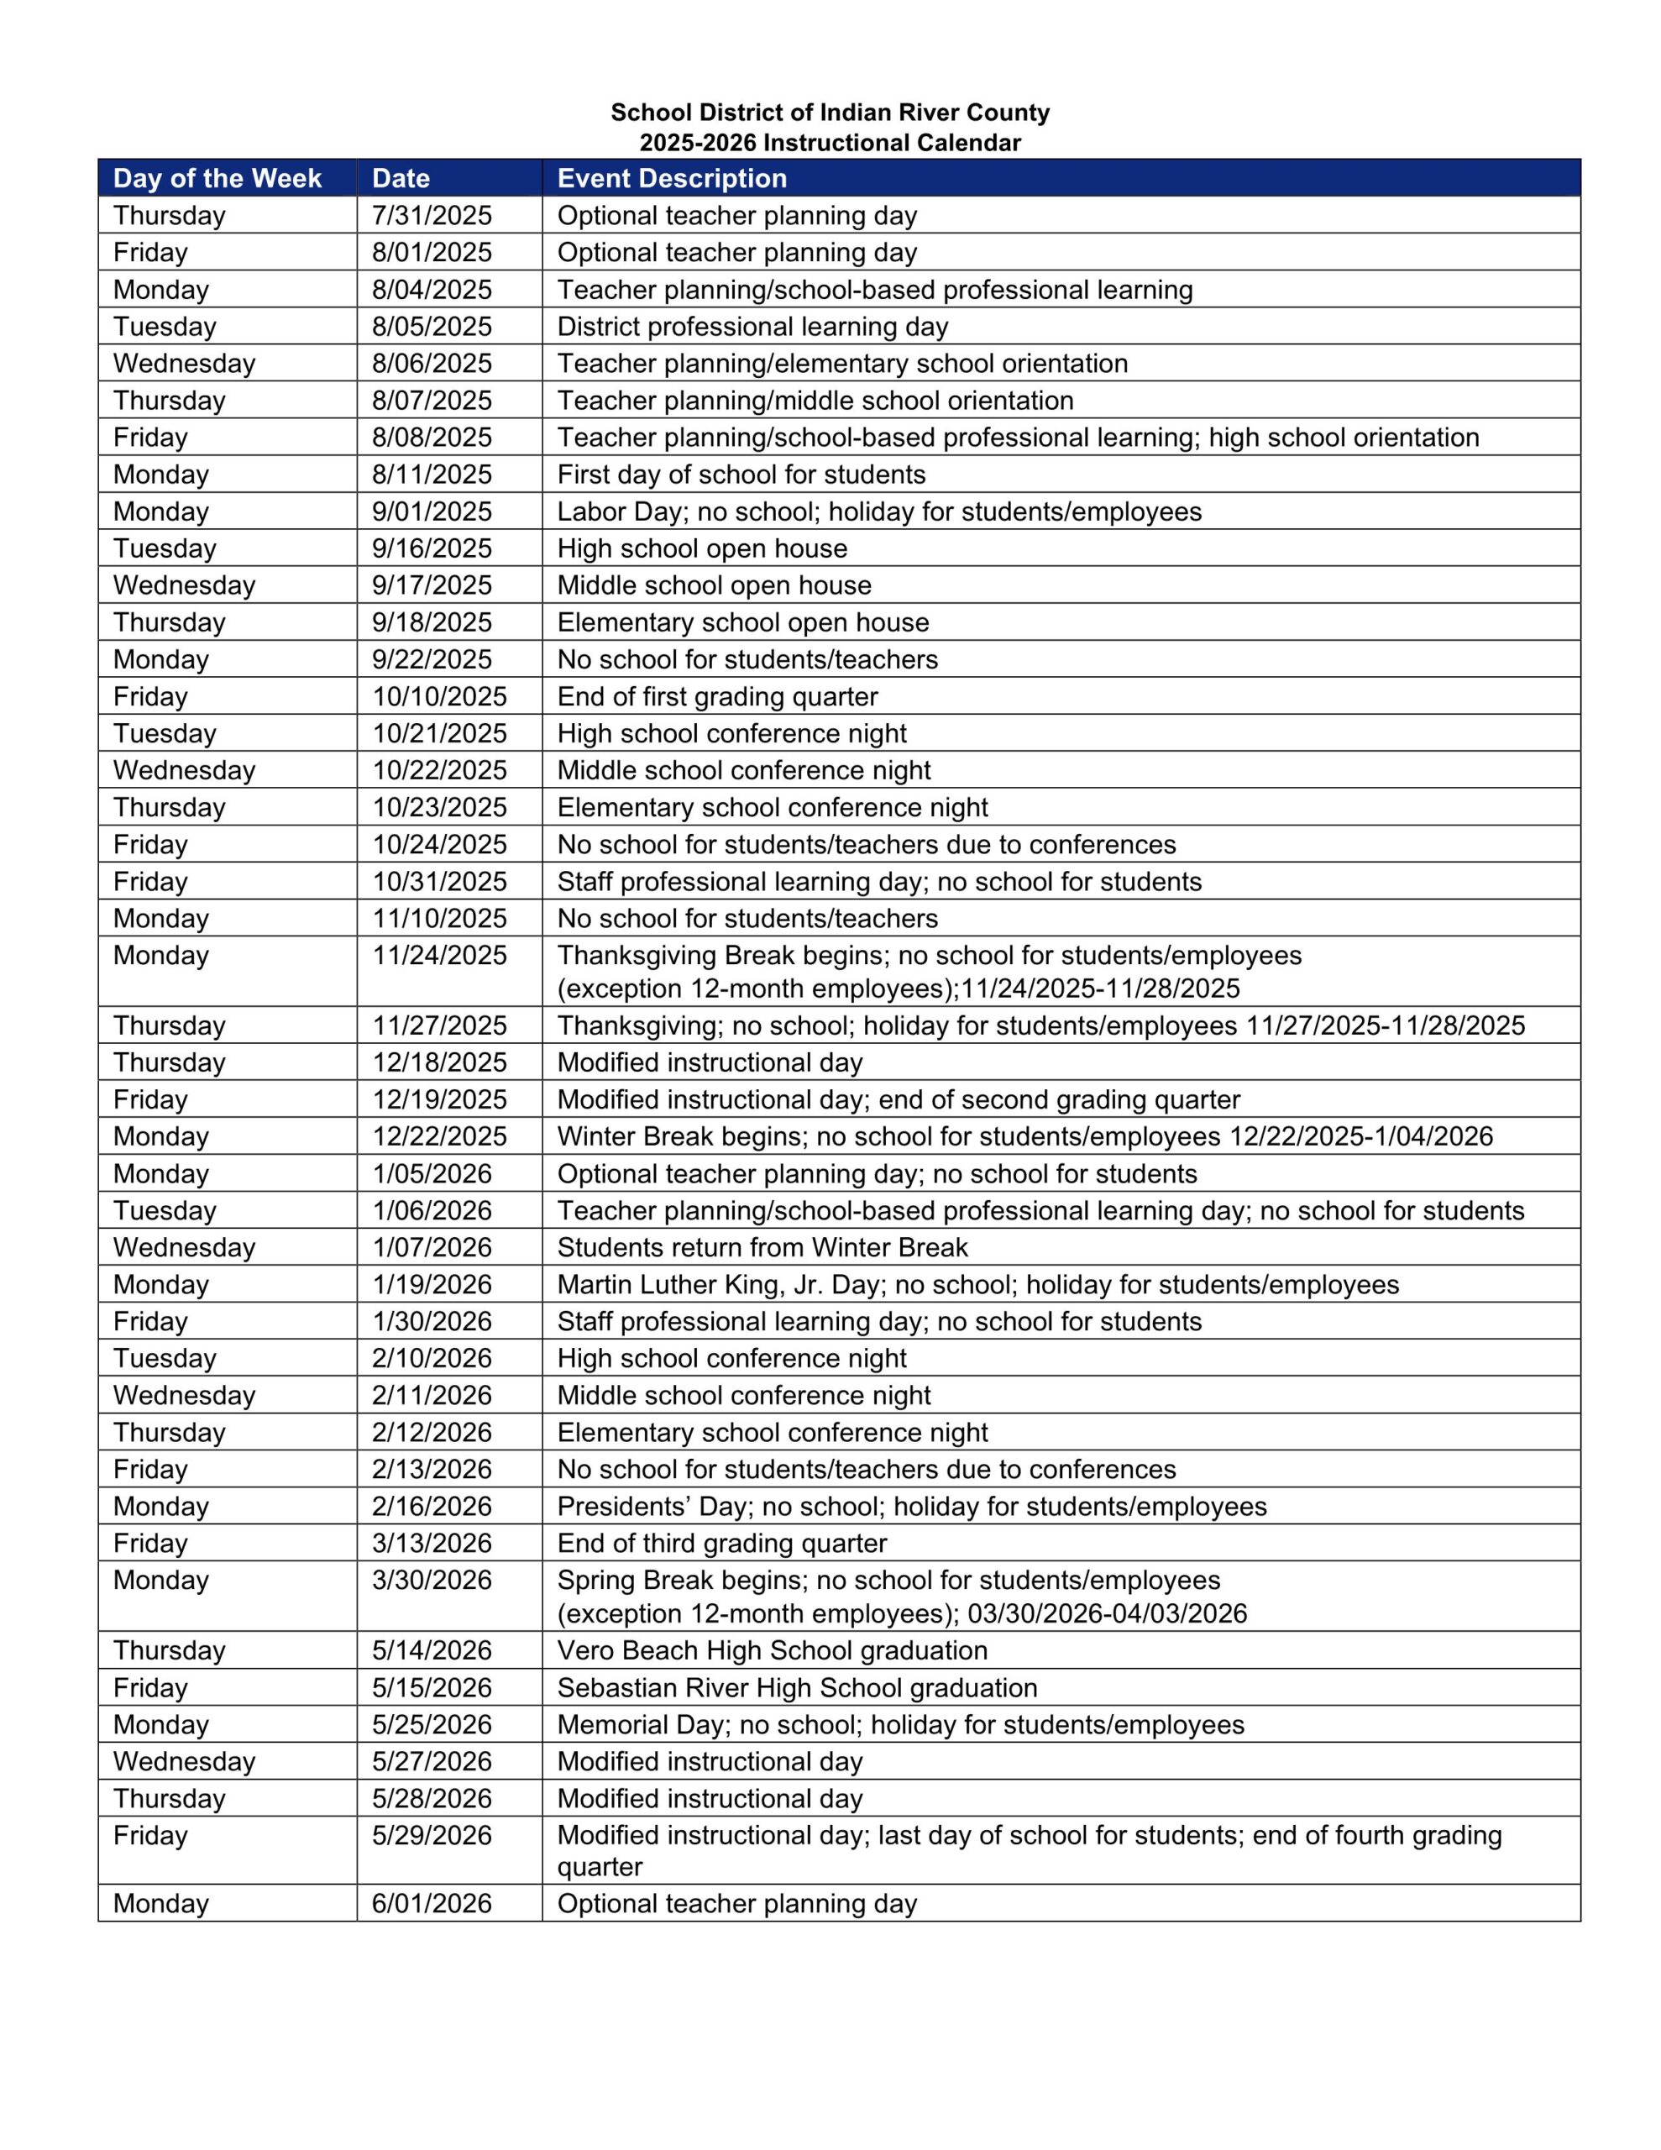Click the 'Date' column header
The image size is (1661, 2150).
(x=401, y=178)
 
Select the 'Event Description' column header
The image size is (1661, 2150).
(x=672, y=178)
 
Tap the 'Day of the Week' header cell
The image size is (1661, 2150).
(x=217, y=178)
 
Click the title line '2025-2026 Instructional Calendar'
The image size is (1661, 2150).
(x=830, y=143)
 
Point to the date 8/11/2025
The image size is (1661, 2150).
(x=432, y=475)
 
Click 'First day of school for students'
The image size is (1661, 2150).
(x=741, y=475)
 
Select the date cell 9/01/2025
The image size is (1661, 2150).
(x=432, y=512)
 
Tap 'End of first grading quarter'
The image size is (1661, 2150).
(x=717, y=697)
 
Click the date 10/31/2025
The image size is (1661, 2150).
(x=439, y=882)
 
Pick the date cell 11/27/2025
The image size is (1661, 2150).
(x=439, y=1025)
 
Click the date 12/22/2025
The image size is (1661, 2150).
(x=439, y=1137)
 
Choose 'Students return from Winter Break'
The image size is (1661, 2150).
(x=762, y=1248)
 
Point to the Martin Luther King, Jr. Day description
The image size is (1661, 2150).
(x=977, y=1285)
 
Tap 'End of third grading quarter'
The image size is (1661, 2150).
(x=720, y=1544)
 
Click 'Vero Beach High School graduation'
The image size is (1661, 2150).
(x=772, y=1651)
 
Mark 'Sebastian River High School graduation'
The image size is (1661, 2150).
(x=797, y=1688)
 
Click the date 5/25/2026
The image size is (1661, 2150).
(x=432, y=1726)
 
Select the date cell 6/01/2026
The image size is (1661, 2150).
(x=432, y=1904)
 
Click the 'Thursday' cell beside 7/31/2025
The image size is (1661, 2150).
(x=170, y=216)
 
